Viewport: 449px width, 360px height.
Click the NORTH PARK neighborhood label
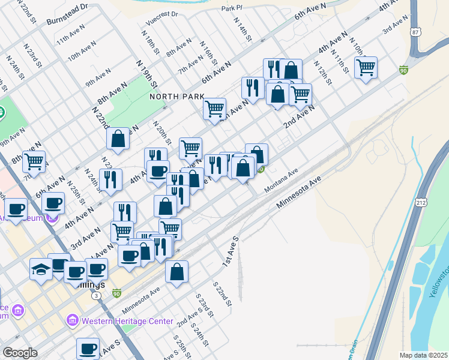point(177,96)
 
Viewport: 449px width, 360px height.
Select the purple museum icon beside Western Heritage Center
point(73,321)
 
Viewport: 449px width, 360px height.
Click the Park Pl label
point(231,8)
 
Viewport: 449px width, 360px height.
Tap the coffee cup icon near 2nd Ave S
point(88,348)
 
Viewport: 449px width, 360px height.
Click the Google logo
point(19,353)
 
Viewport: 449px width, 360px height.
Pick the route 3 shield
point(96,296)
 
